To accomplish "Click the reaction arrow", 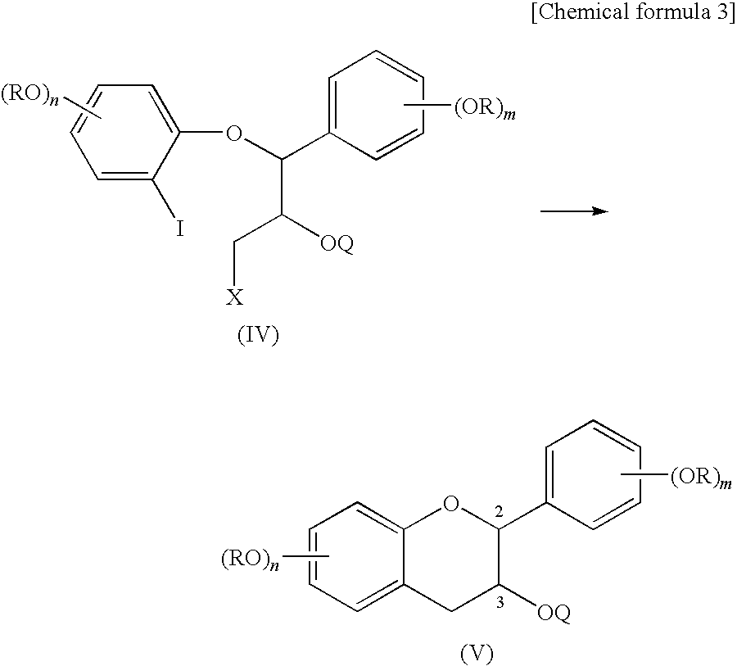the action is [574, 211].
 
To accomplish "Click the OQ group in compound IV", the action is [336, 246].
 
